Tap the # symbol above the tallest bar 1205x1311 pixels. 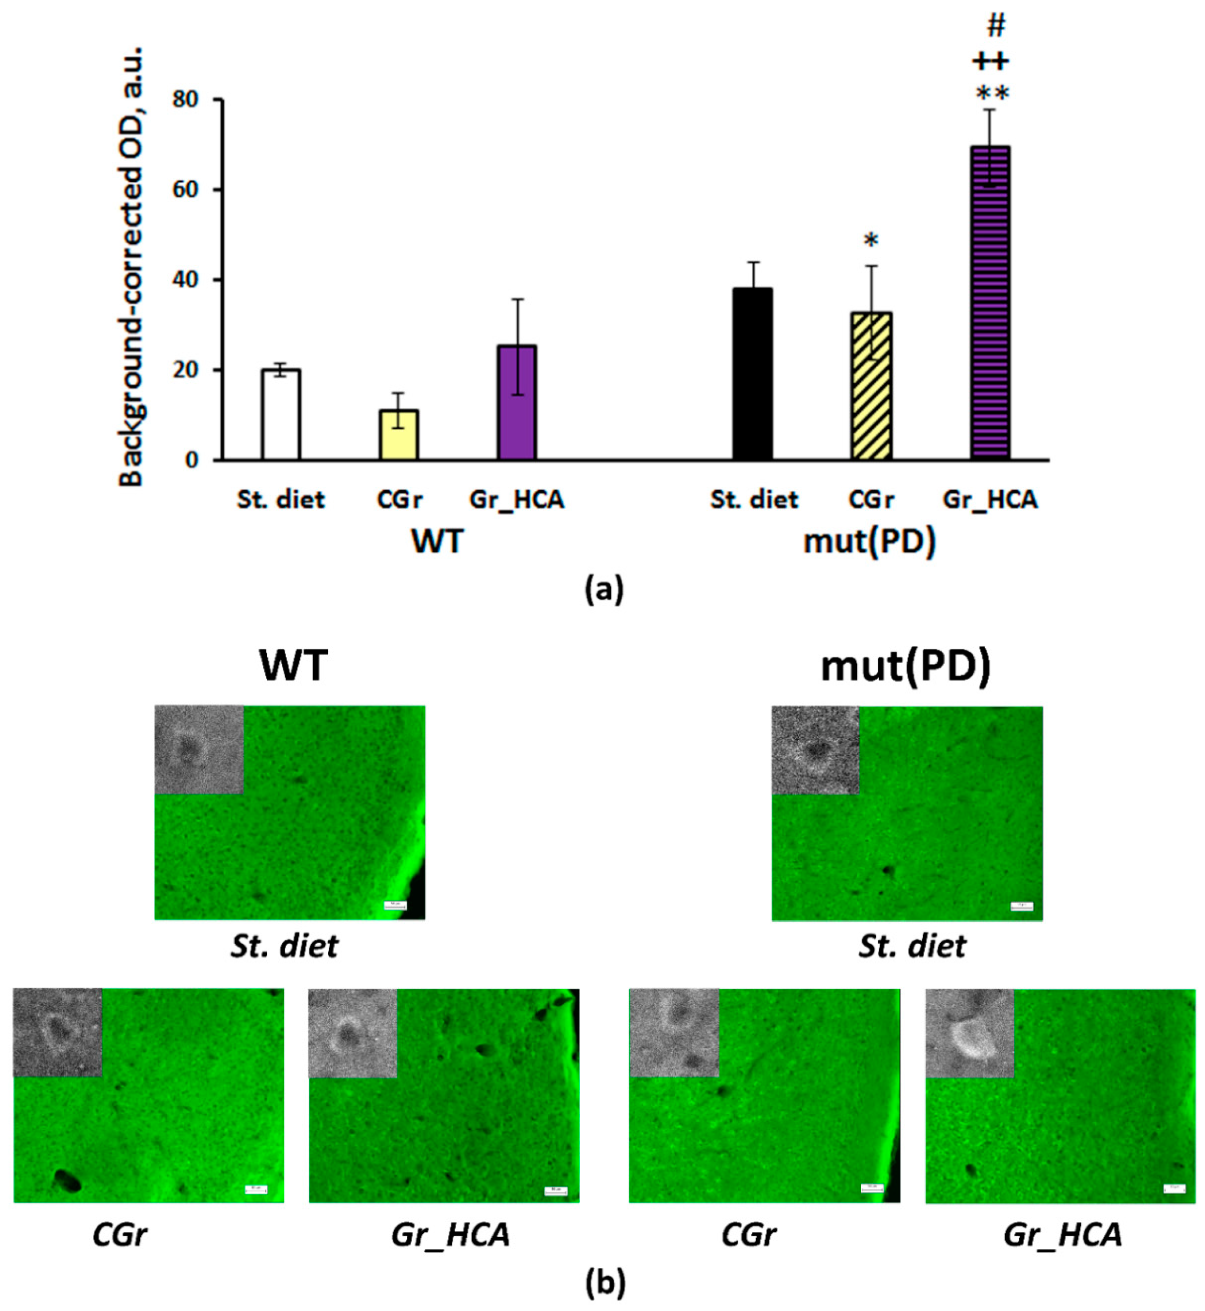point(996,25)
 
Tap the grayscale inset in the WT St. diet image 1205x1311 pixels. point(199,750)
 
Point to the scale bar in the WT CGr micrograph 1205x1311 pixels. point(256,1190)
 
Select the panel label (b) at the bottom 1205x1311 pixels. point(605,1283)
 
